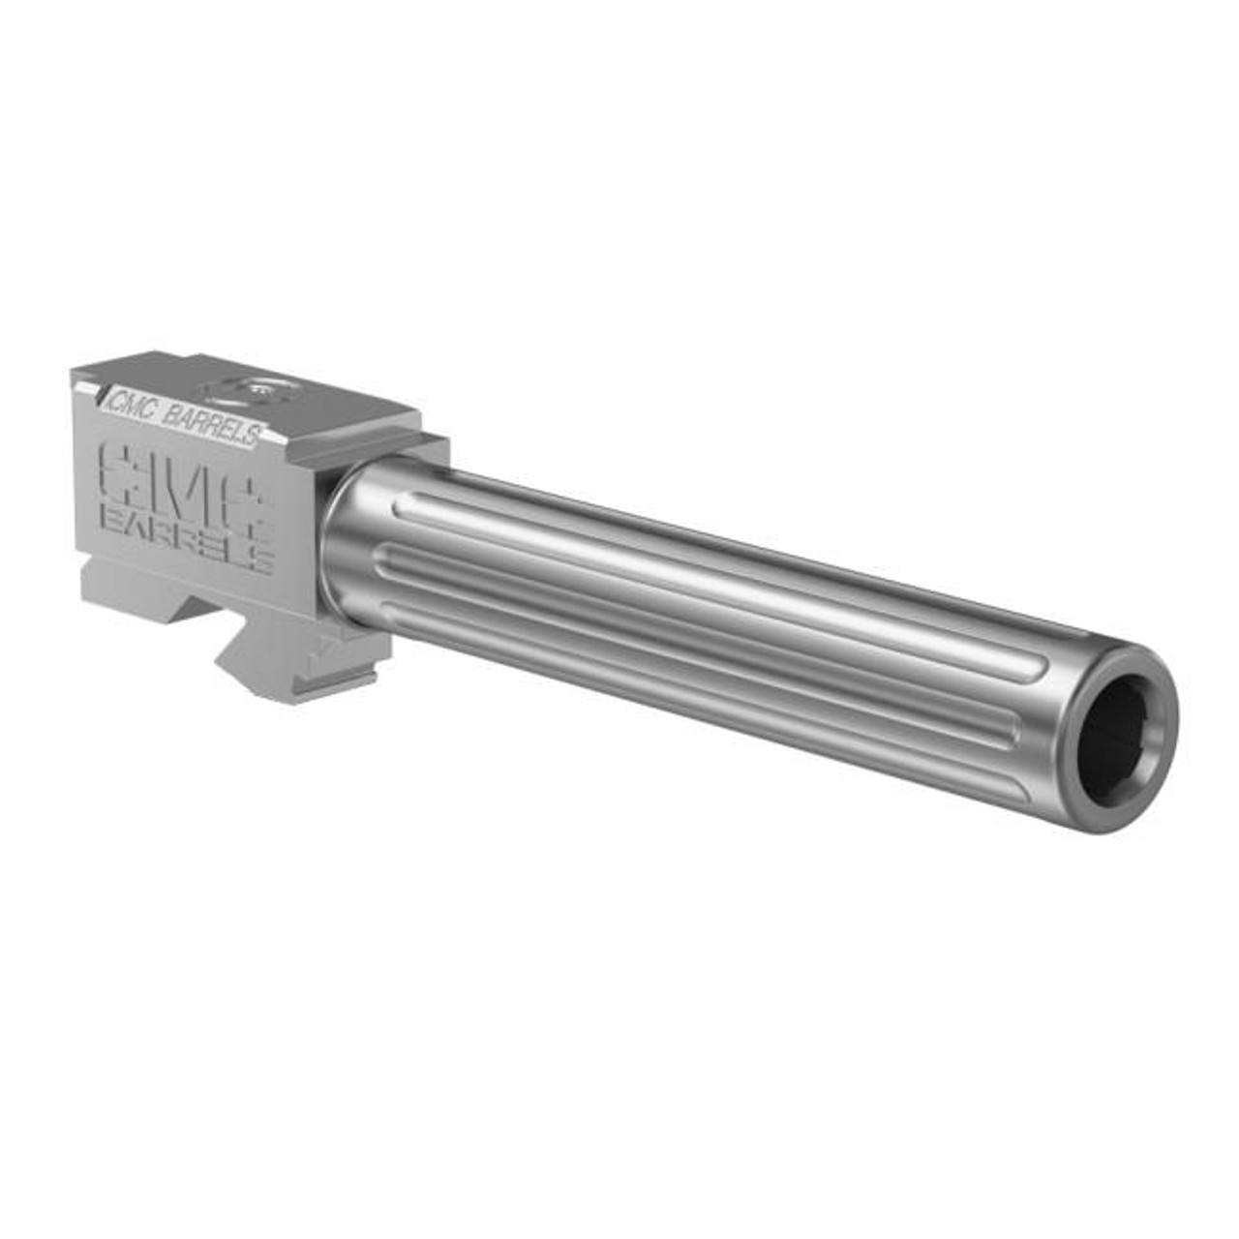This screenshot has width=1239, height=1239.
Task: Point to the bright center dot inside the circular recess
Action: pyautogui.click(x=257, y=390)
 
